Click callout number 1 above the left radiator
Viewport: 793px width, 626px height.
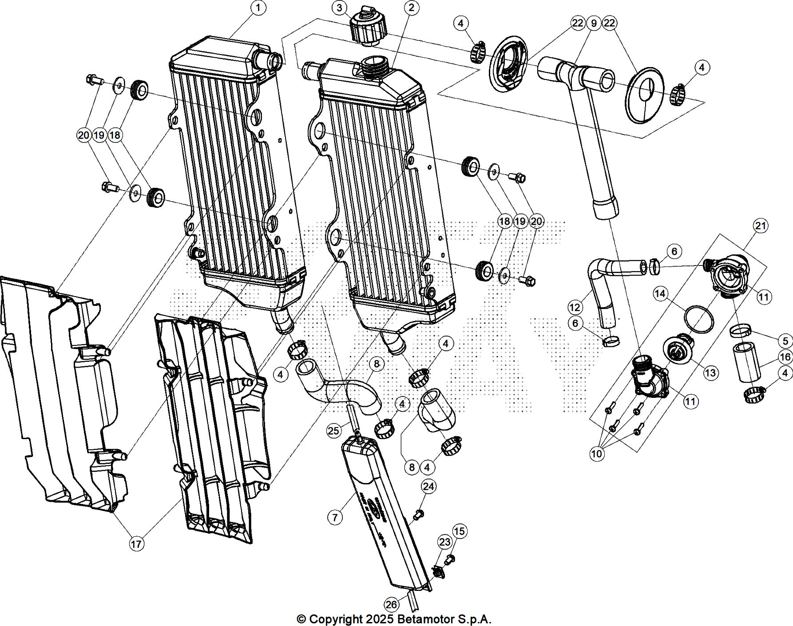258,8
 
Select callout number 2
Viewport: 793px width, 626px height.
412,8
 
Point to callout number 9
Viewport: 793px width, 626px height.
594,23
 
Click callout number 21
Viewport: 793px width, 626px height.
761,226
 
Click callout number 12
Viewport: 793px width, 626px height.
575,307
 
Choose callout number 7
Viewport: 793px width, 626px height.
335,517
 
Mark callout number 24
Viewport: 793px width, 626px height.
428,487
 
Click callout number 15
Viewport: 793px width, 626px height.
460,531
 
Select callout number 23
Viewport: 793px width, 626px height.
445,542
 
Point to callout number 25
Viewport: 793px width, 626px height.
333,430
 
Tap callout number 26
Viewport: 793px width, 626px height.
391,605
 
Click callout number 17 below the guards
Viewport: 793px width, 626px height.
137,543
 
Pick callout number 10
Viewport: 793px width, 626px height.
597,454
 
